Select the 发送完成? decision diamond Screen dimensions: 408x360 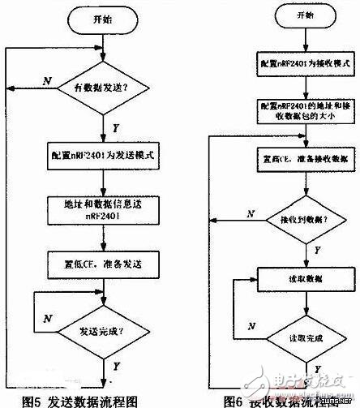pyautogui.click(x=103, y=333)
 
